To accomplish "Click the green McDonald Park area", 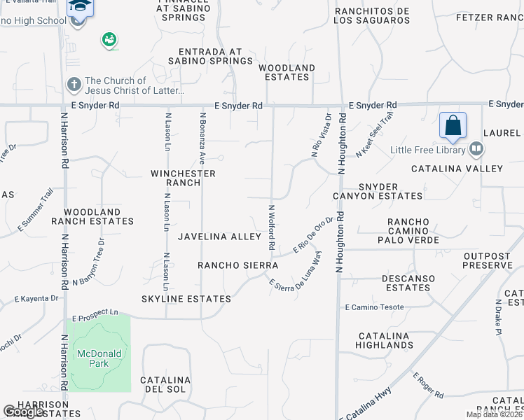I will [x=99, y=353].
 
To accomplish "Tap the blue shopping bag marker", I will [x=453, y=126].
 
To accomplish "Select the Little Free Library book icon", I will [x=476, y=148].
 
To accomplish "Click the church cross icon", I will [x=74, y=85].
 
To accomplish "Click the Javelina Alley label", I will [x=219, y=237].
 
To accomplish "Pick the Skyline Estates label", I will [x=186, y=299].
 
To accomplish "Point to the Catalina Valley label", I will [x=457, y=169].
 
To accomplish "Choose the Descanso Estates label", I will [x=408, y=283].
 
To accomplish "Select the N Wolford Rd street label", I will [x=271, y=228].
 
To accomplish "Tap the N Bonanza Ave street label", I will [x=202, y=133].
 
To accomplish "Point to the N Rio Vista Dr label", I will [x=321, y=134].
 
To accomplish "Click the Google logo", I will [x=24, y=412].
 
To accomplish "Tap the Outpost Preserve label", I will [x=487, y=261].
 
